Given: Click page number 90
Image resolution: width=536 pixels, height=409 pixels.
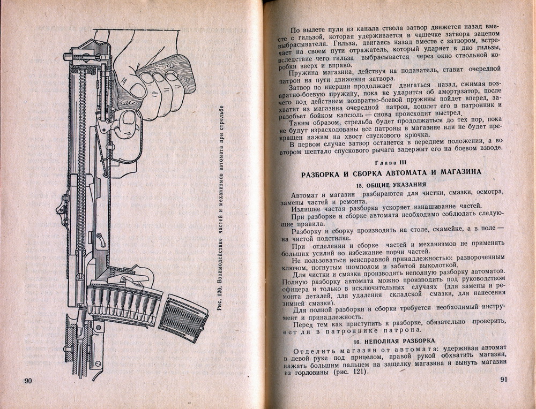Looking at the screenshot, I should (29, 381).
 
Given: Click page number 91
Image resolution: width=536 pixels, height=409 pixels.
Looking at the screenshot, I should (503, 380).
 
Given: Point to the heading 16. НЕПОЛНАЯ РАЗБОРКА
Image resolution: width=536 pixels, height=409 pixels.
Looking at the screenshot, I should (391, 340).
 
